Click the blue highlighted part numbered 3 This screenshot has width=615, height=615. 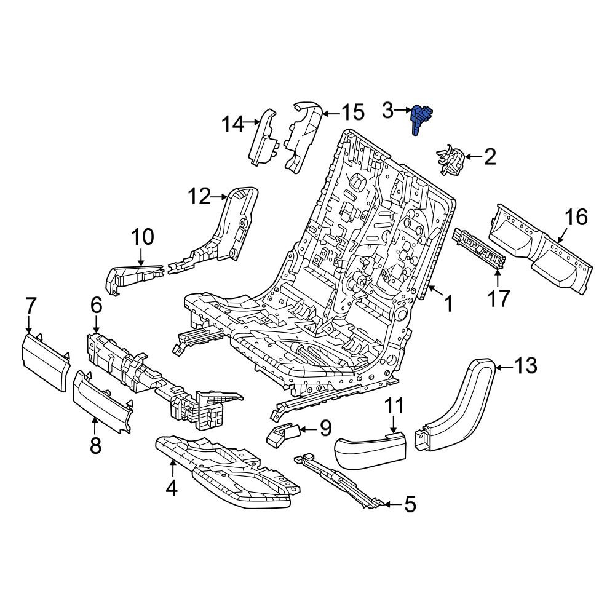pyautogui.click(x=419, y=119)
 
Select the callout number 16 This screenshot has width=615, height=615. pyautogui.click(x=576, y=217)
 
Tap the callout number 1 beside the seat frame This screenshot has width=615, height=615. pyautogui.click(x=448, y=304)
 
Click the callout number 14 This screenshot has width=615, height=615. pyautogui.click(x=232, y=124)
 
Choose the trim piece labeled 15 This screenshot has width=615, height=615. pyautogui.click(x=303, y=137)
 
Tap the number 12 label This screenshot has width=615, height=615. pyautogui.click(x=199, y=196)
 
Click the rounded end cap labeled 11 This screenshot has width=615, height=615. pyautogui.click(x=370, y=448)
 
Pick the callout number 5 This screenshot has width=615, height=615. pyautogui.click(x=410, y=505)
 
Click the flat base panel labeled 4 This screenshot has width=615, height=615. pyautogui.click(x=228, y=472)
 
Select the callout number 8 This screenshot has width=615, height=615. pyautogui.click(x=95, y=445)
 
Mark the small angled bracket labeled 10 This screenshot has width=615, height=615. pyautogui.click(x=135, y=278)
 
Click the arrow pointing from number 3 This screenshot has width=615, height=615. pyautogui.click(x=402, y=111)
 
